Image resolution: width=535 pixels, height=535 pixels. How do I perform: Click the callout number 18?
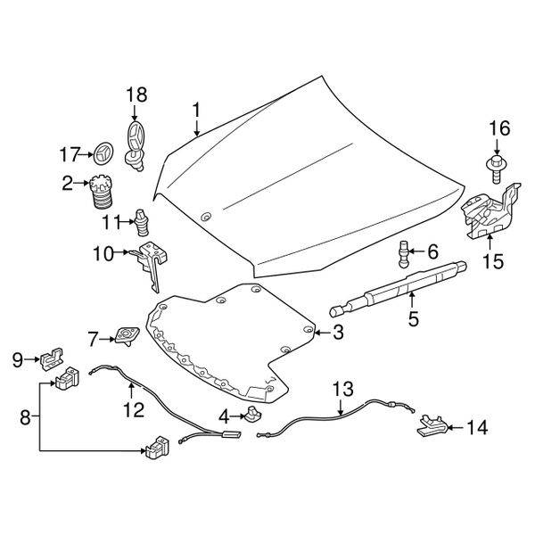click(x=136, y=95)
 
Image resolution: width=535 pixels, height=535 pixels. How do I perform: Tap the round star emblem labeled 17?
click(x=103, y=153)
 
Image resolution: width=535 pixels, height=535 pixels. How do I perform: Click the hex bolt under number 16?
click(x=496, y=169)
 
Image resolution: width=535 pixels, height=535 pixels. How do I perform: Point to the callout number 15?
click(x=493, y=261)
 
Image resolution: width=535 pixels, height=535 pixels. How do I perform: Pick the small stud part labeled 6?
click(x=404, y=254)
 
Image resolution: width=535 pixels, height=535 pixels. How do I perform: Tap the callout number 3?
click(x=338, y=332)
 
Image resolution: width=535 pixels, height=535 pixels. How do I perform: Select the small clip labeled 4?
click(x=252, y=414)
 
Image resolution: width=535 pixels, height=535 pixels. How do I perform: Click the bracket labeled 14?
click(x=432, y=425)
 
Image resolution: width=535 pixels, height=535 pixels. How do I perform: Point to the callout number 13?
click(x=343, y=389)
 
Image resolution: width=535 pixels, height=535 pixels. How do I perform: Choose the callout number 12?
click(x=134, y=409)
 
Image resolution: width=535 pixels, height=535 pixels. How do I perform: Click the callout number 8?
click(x=25, y=417)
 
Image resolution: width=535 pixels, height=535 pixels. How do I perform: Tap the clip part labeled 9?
click(x=52, y=359)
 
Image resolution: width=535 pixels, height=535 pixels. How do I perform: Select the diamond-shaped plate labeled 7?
click(x=127, y=336)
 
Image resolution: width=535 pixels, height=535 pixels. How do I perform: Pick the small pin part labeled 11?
click(x=141, y=222)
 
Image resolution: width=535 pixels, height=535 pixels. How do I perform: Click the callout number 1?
click(x=196, y=111)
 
